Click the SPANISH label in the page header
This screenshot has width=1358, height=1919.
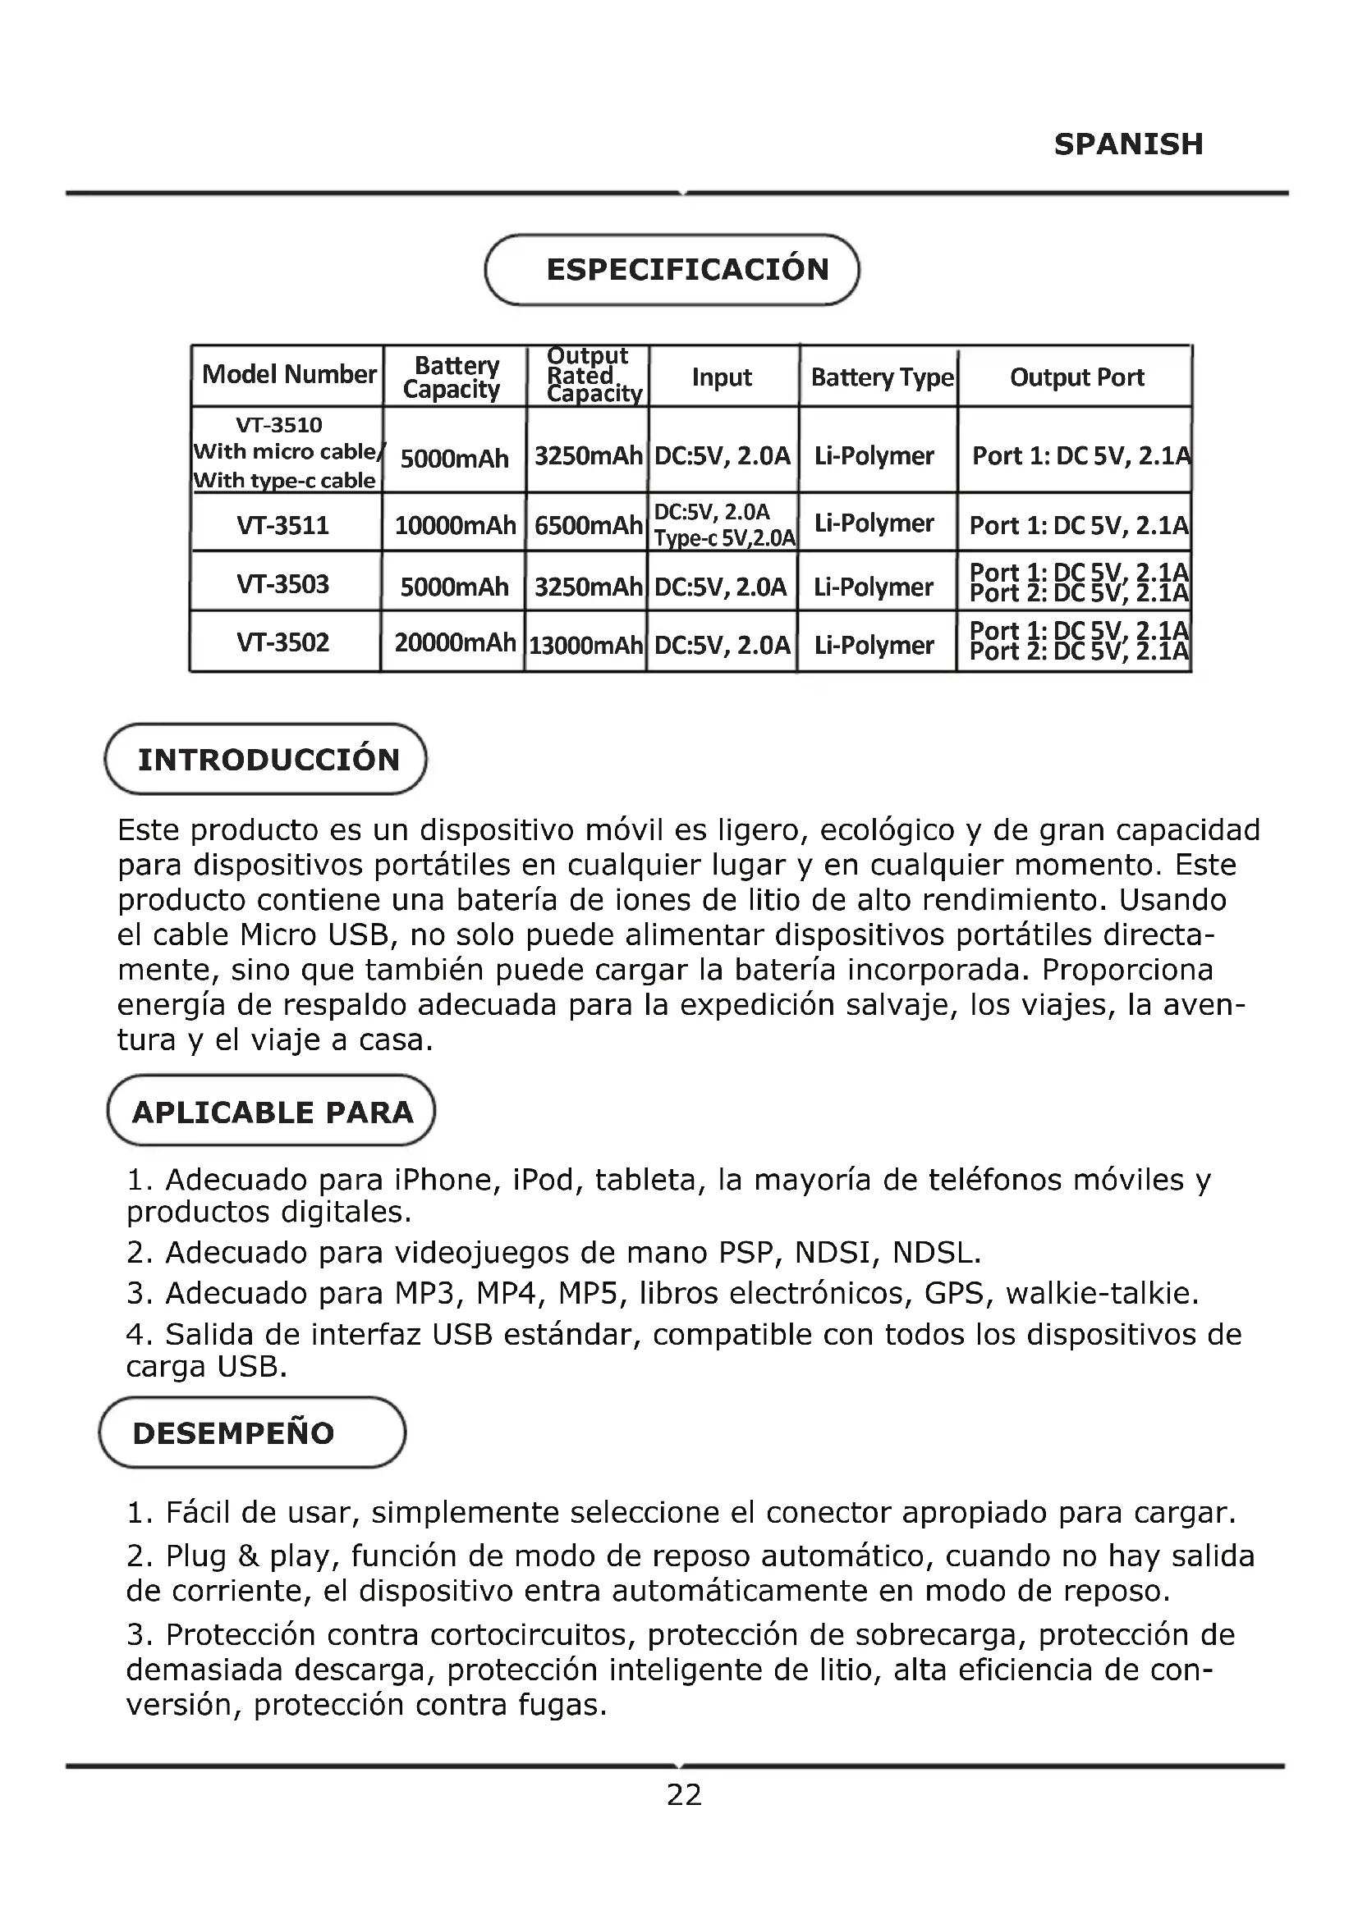(x=1128, y=144)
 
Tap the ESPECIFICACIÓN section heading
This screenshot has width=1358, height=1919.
(x=686, y=270)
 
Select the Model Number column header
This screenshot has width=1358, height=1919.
(x=288, y=374)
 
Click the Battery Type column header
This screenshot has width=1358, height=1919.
(x=881, y=377)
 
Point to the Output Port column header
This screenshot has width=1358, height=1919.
(x=1076, y=377)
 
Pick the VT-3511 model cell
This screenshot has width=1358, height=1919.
(x=282, y=526)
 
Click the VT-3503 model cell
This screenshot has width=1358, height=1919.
(x=282, y=584)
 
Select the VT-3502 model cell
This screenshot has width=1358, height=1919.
(x=282, y=642)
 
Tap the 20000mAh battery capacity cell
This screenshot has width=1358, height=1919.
(x=454, y=642)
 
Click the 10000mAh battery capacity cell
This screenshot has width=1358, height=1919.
(x=454, y=526)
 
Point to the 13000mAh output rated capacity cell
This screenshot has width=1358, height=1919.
(x=585, y=645)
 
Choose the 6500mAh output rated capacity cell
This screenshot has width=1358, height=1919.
(x=588, y=526)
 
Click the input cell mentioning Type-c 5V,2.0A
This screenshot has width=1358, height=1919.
(x=723, y=525)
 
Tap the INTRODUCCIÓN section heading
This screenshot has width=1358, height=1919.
(x=268, y=760)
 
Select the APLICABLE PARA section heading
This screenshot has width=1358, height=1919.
(x=273, y=1113)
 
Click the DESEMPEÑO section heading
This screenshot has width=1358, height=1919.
(x=233, y=1433)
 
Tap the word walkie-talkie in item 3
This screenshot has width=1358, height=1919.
(x=1101, y=1293)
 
